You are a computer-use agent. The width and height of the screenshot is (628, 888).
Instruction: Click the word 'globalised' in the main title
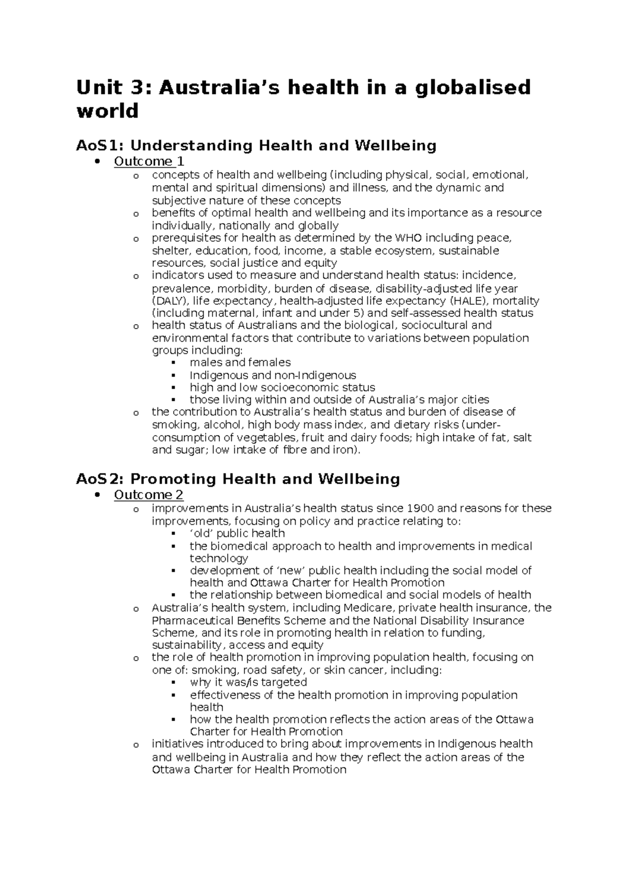pos(472,87)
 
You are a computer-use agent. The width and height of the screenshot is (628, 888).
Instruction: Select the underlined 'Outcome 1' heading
pos(149,162)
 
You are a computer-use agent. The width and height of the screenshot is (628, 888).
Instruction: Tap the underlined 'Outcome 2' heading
pos(149,495)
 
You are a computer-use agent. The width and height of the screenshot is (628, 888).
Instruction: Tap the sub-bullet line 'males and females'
pos(240,362)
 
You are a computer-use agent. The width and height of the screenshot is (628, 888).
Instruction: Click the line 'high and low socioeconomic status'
pos(282,388)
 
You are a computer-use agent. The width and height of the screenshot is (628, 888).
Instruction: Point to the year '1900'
pos(420,508)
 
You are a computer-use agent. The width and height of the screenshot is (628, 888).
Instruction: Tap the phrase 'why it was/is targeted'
pos(248,682)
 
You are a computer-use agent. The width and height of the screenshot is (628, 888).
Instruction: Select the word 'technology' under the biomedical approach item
pos(219,558)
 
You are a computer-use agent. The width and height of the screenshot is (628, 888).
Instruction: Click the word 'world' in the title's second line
pos(107,111)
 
